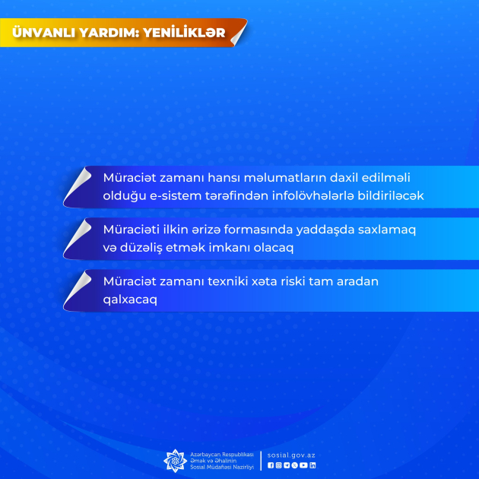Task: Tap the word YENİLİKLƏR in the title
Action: (184, 33)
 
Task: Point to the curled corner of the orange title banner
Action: (239, 33)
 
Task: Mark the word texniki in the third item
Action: (227, 281)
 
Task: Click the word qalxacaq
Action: (130, 300)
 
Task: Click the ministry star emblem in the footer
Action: (176, 461)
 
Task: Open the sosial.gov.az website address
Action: (291, 455)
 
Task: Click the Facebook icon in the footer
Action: (271, 465)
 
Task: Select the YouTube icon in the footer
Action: (303, 465)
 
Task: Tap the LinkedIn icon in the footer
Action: (312, 465)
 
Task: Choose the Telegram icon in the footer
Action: (287, 465)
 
